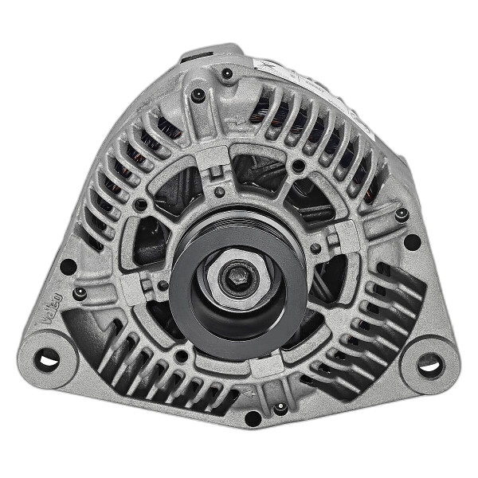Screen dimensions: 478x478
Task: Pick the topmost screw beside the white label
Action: (227, 74)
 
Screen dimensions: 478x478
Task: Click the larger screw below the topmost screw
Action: (198, 96)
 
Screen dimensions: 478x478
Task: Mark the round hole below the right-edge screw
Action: (412, 241)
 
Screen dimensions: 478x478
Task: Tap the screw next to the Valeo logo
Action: (79, 293)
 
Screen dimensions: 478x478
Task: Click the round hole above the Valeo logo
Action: (69, 266)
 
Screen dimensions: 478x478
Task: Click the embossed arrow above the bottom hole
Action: (249, 393)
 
